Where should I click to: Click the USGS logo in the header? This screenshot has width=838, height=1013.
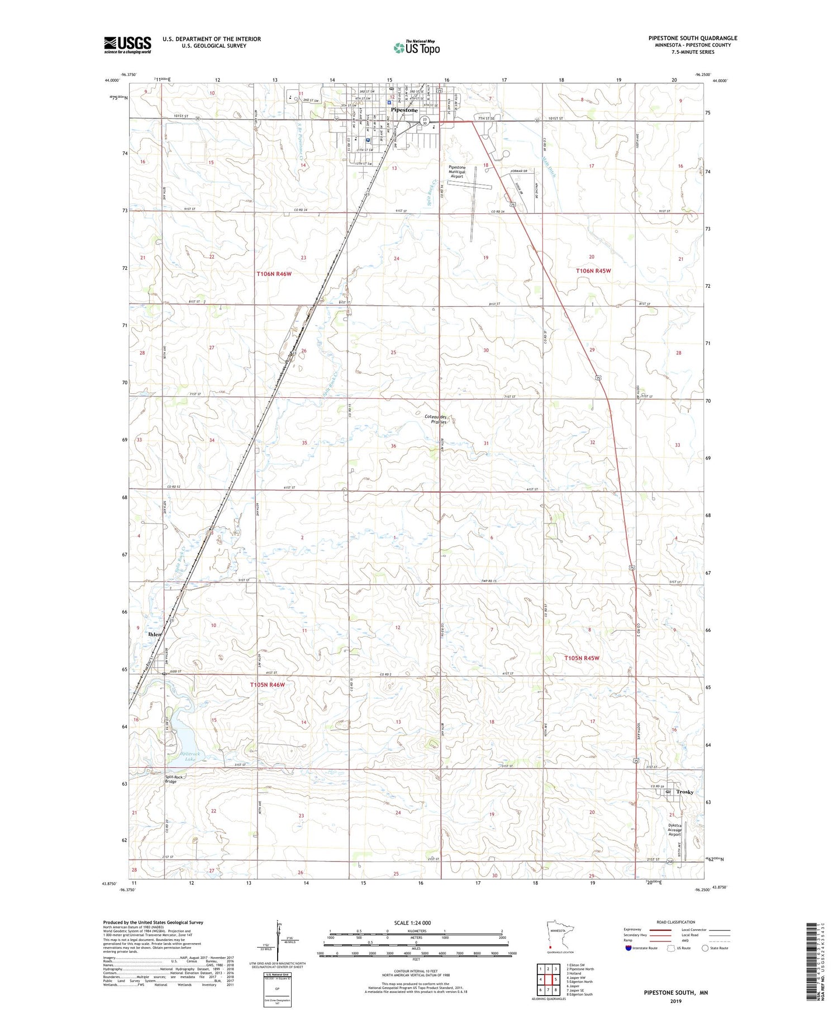click(x=127, y=44)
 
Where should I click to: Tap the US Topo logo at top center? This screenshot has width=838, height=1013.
click(x=417, y=48)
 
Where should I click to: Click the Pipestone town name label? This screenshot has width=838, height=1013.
click(x=404, y=110)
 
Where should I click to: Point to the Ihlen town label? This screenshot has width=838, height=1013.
click(x=155, y=635)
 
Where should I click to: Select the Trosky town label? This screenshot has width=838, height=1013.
click(x=684, y=792)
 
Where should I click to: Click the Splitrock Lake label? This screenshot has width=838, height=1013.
click(x=189, y=757)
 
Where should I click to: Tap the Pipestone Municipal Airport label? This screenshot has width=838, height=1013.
click(x=457, y=172)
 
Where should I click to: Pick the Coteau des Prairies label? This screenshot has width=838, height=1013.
click(x=439, y=420)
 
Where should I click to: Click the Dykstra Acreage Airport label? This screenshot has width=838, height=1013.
click(x=675, y=830)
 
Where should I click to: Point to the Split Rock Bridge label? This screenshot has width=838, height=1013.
click(x=173, y=779)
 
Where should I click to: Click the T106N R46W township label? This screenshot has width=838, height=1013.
click(x=274, y=274)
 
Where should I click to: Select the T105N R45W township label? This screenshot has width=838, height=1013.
click(x=582, y=658)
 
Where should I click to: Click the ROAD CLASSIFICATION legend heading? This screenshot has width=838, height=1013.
click(x=676, y=922)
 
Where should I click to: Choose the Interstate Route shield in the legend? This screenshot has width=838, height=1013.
click(x=628, y=948)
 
